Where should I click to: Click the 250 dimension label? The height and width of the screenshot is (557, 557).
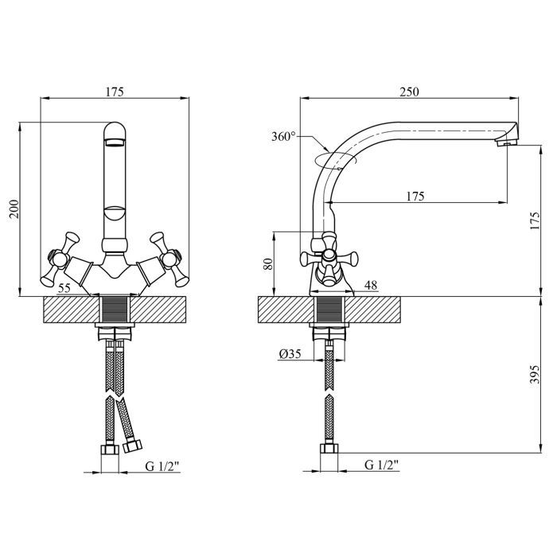point(408,92)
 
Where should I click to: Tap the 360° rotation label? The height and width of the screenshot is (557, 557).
point(282,137)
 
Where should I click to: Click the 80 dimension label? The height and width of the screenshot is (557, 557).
point(266,263)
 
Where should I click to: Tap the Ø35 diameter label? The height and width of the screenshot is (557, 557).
point(289,355)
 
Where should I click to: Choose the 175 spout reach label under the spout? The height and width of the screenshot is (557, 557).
point(414,196)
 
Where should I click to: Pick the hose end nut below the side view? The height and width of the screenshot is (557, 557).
point(328,452)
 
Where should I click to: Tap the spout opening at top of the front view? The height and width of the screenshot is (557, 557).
point(114,142)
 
